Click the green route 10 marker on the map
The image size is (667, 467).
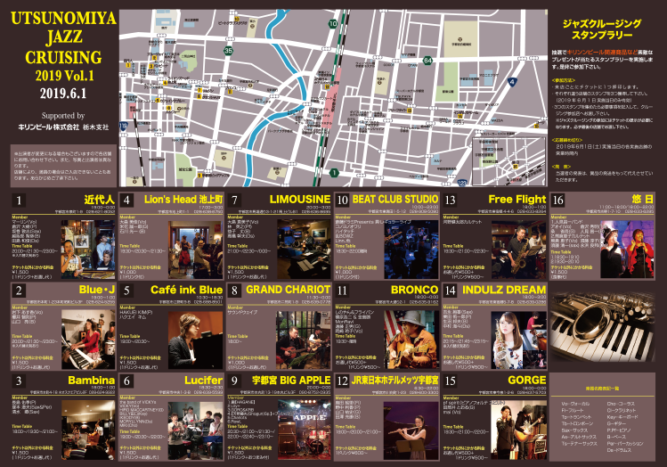(x=332, y=24)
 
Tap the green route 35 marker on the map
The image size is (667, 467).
(x=229, y=51)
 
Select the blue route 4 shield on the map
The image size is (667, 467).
(x=512, y=82)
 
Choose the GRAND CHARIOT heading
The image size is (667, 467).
(x=281, y=290)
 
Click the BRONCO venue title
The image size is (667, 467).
(x=416, y=290)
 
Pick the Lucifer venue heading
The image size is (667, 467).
(x=204, y=380)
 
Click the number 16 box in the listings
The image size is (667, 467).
(x=558, y=200)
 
